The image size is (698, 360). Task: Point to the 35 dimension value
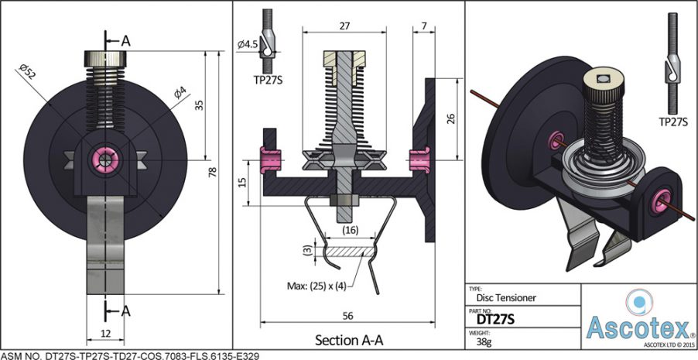coord(199,106)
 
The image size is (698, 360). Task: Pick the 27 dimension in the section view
coord(344,26)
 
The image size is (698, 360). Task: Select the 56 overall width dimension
coord(347,315)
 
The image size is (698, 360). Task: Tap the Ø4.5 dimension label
coord(248,45)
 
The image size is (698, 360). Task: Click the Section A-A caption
coord(348,340)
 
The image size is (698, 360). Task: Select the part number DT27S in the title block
coord(495,317)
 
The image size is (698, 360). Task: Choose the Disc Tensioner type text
coord(505,296)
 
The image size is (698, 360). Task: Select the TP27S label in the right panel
coord(674,122)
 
